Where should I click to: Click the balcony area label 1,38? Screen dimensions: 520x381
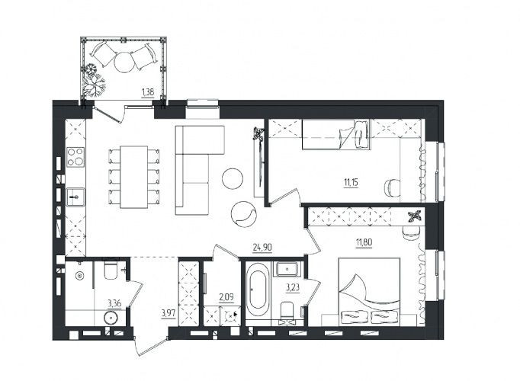tap(148, 92)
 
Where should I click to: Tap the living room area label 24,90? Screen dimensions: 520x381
tap(262, 247)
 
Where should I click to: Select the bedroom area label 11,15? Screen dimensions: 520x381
tap(352, 182)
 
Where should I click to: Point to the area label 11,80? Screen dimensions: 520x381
tap(364, 243)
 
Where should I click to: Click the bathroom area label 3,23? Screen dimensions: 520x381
tap(293, 287)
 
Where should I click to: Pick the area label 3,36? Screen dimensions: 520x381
tap(114, 303)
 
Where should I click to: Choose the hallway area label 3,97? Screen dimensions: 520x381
tap(169, 312)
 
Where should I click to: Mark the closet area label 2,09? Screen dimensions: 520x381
tap(226, 297)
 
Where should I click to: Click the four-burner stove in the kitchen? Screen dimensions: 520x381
tap(75, 157)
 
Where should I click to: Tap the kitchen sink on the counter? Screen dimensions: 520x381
tap(75, 197)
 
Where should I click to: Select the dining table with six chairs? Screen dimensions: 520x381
tap(134, 178)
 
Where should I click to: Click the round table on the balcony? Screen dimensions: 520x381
tap(125, 62)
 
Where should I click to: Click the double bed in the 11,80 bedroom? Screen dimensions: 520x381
tap(369, 292)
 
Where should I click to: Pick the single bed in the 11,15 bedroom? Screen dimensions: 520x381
tap(336, 135)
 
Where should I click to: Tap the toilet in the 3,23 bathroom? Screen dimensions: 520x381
tap(287, 311)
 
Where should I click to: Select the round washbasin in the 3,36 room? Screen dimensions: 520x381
tap(111, 318)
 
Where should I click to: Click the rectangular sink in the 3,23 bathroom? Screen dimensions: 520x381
tap(287, 269)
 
